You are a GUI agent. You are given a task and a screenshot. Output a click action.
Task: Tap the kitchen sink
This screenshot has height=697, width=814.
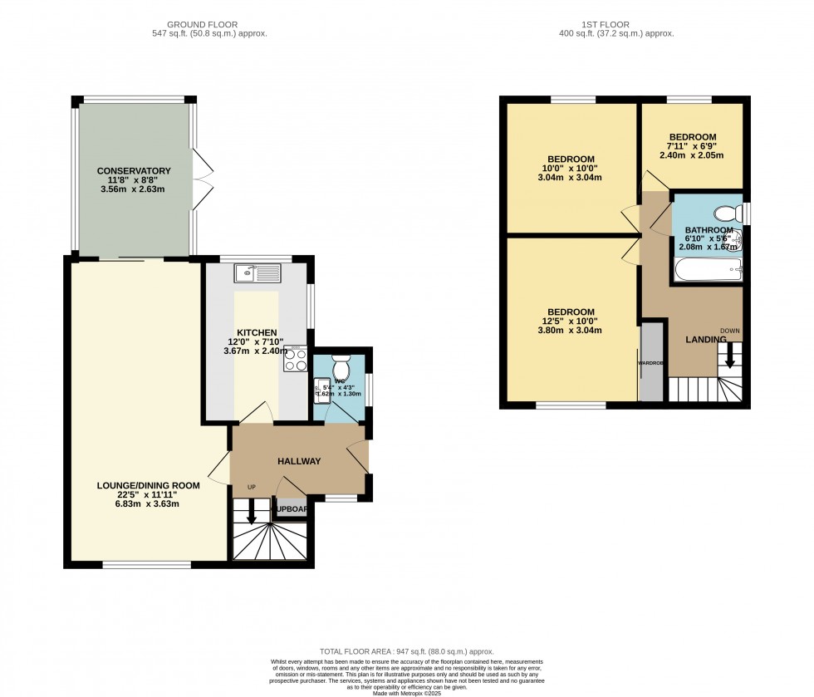click(259, 272)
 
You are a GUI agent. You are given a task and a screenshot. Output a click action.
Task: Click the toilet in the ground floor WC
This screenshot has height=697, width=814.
click(342, 366)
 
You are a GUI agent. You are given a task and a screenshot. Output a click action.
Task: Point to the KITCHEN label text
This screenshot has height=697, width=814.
click(257, 332)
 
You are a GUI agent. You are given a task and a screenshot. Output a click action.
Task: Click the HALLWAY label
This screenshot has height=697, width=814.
click(298, 461)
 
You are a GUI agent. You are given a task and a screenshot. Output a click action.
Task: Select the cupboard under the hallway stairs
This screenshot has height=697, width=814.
click(290, 508)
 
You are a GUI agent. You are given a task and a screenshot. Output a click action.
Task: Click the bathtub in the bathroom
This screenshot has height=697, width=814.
click(707, 268)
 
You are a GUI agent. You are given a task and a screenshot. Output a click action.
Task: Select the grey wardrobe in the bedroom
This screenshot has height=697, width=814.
click(652, 363)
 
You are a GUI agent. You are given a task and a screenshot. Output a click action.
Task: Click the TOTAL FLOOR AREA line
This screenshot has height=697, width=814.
click(407, 651)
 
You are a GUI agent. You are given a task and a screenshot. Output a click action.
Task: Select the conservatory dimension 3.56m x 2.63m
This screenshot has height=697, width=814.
click(131, 189)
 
